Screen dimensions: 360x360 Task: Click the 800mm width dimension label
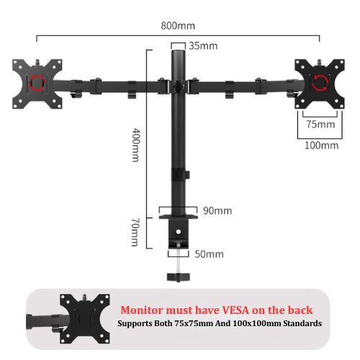pyautogui.click(x=178, y=26)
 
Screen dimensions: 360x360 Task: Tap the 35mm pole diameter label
pyautogui.click(x=203, y=46)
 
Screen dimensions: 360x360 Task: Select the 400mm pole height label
pyautogui.click(x=136, y=145)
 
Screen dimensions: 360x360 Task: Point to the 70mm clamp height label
pyautogui.click(x=135, y=232)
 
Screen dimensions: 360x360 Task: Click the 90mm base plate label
pyautogui.click(x=217, y=211)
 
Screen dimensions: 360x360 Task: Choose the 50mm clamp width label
pyautogui.click(x=209, y=254)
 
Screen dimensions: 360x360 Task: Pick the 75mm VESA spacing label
pyautogui.click(x=320, y=124)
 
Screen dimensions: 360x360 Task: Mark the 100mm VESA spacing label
pyautogui.click(x=321, y=145)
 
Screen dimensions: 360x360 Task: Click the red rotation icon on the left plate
pyautogui.click(x=37, y=83)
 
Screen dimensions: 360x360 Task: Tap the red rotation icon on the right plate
pyautogui.click(x=320, y=83)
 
